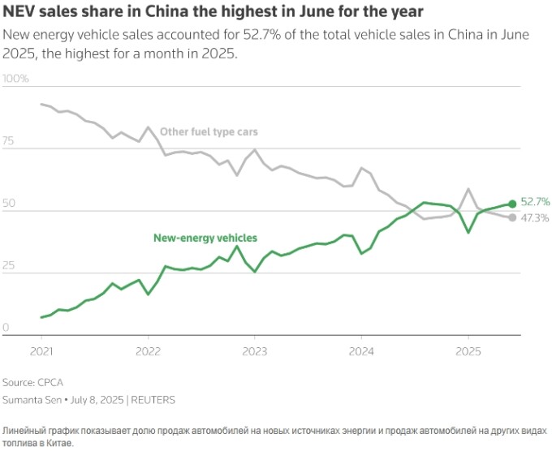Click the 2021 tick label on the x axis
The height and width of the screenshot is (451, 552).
pyautogui.click(x=41, y=352)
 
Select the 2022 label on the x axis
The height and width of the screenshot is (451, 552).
pyautogui.click(x=148, y=352)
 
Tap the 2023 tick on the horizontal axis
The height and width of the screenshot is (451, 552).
pyautogui.click(x=254, y=352)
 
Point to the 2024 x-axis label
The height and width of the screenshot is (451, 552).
pyautogui.click(x=360, y=352)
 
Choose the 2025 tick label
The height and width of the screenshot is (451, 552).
pyautogui.click(x=468, y=352)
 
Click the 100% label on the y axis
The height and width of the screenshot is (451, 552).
pyautogui.click(x=15, y=79)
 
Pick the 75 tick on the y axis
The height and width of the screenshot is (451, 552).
pyautogui.click(x=9, y=141)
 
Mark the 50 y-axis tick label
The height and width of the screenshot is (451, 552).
pyautogui.click(x=9, y=204)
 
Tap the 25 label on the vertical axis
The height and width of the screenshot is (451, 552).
pyautogui.click(x=9, y=266)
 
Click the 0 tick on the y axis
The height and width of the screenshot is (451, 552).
pyautogui.click(x=6, y=329)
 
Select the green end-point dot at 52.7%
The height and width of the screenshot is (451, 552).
pyautogui.click(x=512, y=204)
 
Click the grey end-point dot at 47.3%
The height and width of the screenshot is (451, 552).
pyautogui.click(x=512, y=217)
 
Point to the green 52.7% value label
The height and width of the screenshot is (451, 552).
pyautogui.click(x=535, y=201)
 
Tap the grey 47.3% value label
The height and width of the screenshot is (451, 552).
pyautogui.click(x=535, y=218)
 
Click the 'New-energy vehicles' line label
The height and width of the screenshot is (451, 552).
pyautogui.click(x=205, y=238)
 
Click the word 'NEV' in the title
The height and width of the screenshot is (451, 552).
pyautogui.click(x=19, y=12)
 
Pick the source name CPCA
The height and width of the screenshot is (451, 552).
pyautogui.click(x=50, y=382)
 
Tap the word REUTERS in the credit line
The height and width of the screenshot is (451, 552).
pyautogui.click(x=154, y=400)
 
